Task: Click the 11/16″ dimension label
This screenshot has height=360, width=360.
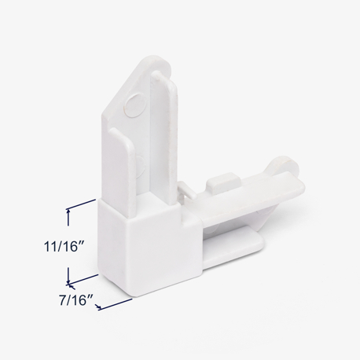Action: [64, 247]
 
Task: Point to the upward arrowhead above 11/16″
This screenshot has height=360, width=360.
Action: [68, 212]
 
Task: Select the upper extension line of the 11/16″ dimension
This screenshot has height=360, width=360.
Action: [82, 204]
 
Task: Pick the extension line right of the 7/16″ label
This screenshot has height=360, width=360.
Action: [116, 304]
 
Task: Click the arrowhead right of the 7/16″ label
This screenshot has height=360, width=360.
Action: [98, 307]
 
